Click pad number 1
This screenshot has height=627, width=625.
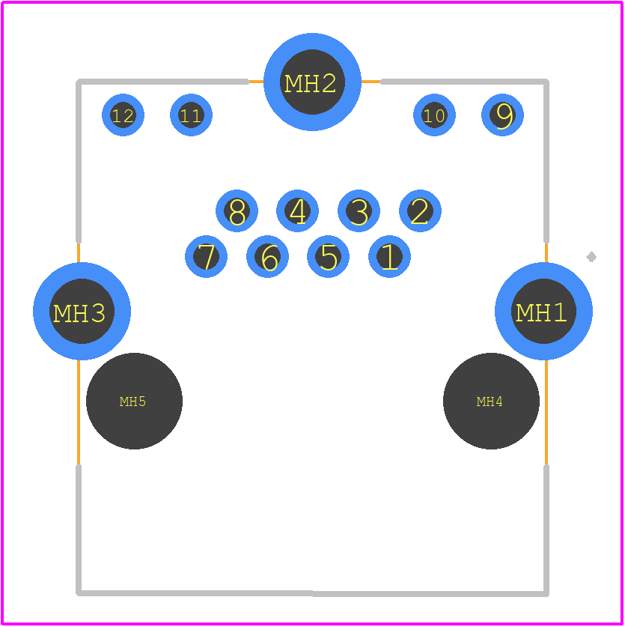click(389, 256)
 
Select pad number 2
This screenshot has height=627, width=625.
click(420, 210)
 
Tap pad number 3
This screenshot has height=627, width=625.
click(359, 210)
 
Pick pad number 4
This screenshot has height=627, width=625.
click(297, 210)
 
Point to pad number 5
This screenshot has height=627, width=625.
click(328, 256)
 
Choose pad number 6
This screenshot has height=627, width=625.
click(267, 256)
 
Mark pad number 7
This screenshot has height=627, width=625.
click(206, 256)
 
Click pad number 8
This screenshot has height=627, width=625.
click(237, 210)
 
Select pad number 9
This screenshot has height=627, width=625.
click(502, 115)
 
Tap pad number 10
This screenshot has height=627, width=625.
click(434, 115)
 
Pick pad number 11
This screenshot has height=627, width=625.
click(191, 115)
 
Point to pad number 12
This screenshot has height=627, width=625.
click(123, 115)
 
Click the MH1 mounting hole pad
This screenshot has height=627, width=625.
click(543, 311)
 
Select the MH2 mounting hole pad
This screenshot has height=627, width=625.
click(313, 82)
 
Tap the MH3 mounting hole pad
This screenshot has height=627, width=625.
click(82, 311)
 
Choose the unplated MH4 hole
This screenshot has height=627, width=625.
click(491, 401)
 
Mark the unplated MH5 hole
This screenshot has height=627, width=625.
click(134, 401)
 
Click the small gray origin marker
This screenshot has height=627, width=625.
click(591, 257)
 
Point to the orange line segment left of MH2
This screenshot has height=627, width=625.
click(256, 82)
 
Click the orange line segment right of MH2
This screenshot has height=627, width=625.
click(371, 82)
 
